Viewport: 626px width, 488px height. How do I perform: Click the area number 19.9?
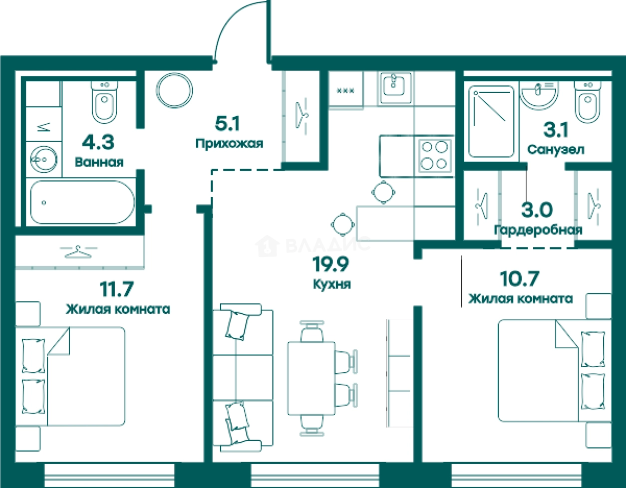330,264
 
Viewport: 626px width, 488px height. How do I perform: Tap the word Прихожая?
229,143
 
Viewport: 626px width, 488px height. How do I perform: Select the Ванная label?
99,162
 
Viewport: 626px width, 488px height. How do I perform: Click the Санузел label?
556,149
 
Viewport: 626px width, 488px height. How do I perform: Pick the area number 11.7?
117,289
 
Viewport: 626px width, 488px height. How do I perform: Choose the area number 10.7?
519,279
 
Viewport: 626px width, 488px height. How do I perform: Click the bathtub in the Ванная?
82,202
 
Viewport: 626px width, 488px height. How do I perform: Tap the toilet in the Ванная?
104,102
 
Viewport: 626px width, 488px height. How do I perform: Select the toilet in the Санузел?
588,102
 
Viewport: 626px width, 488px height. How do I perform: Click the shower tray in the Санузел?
491,121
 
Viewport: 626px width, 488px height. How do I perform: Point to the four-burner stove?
434,156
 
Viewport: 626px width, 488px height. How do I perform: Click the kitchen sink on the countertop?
396,88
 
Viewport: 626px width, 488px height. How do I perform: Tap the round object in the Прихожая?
174,90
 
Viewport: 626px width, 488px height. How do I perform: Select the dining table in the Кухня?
312,378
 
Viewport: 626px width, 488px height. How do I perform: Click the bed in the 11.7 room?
70,376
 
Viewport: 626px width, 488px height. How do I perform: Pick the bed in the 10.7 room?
555,371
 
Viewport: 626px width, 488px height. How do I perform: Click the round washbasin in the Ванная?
44,159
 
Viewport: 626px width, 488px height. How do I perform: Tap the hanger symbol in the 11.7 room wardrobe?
78,251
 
